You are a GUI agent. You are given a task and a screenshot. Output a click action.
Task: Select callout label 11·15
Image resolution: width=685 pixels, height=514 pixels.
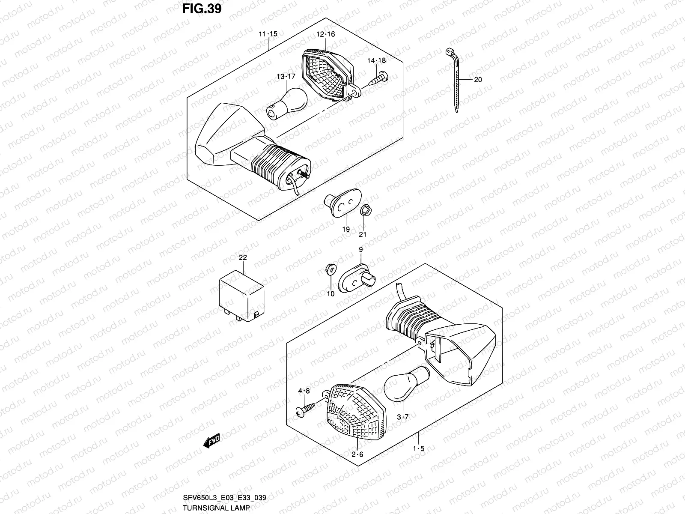(x=268, y=34)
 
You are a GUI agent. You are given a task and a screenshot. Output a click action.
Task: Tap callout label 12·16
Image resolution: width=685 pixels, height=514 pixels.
(x=326, y=34)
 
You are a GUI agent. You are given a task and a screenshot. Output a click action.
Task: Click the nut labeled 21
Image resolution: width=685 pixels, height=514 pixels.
(x=365, y=211)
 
